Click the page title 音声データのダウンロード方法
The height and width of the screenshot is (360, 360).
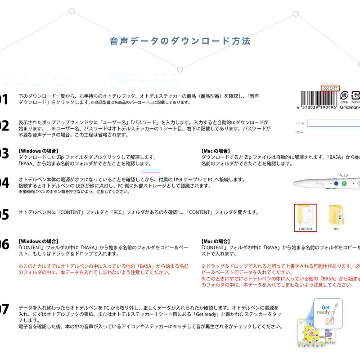(180, 41)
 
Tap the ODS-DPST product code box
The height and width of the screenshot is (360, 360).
(330, 88)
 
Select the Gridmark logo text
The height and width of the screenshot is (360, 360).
(350, 108)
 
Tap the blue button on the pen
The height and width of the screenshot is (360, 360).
(336, 184)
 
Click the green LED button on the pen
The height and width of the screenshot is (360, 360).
(344, 184)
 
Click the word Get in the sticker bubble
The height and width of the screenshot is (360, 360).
(326, 308)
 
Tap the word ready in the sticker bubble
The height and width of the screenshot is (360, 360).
(324, 313)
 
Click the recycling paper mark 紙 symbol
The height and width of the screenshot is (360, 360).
(344, 96)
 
